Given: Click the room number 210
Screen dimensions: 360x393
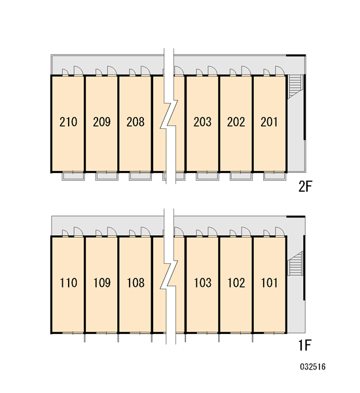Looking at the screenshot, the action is (68, 122).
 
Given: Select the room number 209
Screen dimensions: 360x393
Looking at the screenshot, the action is (101, 122).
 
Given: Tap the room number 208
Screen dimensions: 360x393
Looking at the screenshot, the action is (135, 122).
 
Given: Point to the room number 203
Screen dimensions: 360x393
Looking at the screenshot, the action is (202, 122).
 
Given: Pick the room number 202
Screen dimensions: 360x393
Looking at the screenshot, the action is (236, 122).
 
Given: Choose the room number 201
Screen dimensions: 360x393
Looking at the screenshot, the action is (269, 122).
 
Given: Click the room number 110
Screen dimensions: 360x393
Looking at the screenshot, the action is (68, 283).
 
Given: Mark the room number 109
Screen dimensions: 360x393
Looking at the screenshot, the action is (102, 283).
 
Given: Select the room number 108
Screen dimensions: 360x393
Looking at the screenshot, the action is (135, 283).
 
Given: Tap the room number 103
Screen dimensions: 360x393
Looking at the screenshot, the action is (203, 283).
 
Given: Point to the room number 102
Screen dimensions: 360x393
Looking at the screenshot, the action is (236, 283).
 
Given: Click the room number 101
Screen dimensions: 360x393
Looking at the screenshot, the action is (270, 283).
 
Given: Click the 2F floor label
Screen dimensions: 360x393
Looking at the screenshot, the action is (305, 187).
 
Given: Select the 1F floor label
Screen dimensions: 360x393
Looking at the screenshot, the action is (305, 345).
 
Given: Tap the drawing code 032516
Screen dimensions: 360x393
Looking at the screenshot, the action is (313, 367).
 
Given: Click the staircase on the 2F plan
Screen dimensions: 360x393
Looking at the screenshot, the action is (295, 86).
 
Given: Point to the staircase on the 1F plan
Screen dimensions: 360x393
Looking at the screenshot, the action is (295, 263).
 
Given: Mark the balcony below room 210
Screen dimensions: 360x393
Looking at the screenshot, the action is (73, 176).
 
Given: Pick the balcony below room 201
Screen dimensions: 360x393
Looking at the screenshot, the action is (274, 176).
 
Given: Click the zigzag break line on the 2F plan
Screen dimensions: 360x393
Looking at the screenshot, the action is (169, 114).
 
